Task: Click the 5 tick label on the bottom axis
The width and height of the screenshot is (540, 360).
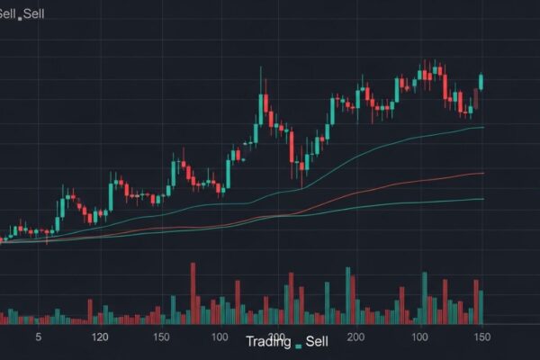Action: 38,337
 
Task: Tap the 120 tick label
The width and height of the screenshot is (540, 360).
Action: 101,337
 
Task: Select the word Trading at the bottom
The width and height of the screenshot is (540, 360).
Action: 267,342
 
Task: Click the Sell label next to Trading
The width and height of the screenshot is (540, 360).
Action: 317,342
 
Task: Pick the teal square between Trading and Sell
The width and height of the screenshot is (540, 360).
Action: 297,343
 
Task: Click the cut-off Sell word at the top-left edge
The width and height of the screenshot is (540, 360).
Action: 8,13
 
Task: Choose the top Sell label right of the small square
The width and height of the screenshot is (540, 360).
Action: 33,13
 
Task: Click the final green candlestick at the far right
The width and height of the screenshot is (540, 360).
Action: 481,82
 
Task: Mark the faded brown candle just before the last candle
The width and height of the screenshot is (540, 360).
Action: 476,98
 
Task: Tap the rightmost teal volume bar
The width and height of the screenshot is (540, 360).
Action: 481,307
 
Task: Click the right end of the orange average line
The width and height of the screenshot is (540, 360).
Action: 483,173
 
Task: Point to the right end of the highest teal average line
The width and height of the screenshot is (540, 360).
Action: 483,128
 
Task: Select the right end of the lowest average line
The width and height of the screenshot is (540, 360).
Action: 483,199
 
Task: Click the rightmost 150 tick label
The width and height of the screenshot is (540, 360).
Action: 481,337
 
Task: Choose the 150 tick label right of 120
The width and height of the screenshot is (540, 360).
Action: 162,337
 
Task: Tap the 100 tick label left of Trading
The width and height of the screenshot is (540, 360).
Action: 219,337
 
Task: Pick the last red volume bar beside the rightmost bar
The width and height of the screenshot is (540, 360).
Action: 476,301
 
